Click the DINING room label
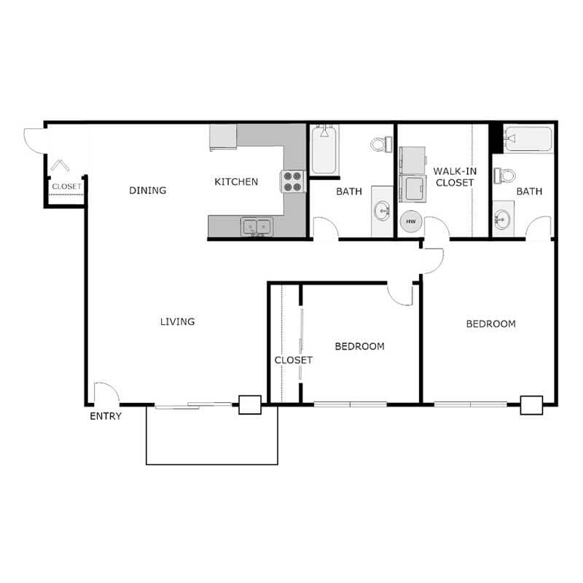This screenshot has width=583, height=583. [148, 190]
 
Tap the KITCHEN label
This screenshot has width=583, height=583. [235, 181]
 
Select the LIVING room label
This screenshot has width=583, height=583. [177, 321]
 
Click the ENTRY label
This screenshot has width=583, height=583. [106, 416]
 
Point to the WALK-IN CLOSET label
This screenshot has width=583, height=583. [454, 176]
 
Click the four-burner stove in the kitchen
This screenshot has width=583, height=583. [293, 181]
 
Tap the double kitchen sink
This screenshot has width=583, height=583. [257, 227]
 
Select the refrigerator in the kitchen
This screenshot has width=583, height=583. [223, 136]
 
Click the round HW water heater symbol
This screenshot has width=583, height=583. [410, 221]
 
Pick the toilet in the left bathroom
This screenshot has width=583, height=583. [380, 144]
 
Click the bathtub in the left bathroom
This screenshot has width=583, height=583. [324, 150]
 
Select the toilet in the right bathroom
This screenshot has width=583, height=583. [505, 176]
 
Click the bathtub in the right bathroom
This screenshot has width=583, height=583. [528, 138]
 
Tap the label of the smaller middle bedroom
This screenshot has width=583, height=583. [359, 346]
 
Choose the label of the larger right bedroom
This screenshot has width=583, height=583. [490, 324]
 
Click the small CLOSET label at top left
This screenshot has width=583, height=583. [66, 187]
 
